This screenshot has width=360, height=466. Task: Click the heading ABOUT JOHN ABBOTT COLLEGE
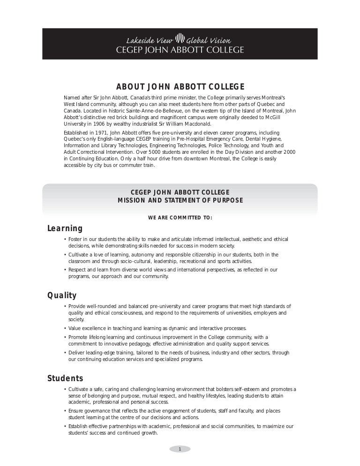pyautogui.click(x=180, y=87)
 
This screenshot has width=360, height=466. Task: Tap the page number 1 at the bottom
pyautogui.click(x=180, y=449)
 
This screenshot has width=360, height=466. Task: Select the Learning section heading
pyautogui.click(x=65, y=229)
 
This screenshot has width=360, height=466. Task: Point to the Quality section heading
pyautogui.click(x=62, y=295)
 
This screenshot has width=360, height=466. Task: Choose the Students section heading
pyautogui.click(x=65, y=378)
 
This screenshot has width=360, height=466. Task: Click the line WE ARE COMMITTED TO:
pyautogui.click(x=180, y=218)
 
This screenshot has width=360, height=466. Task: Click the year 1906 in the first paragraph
pyautogui.click(x=97, y=124)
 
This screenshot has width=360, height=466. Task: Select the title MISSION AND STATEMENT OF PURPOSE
pyautogui.click(x=180, y=201)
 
